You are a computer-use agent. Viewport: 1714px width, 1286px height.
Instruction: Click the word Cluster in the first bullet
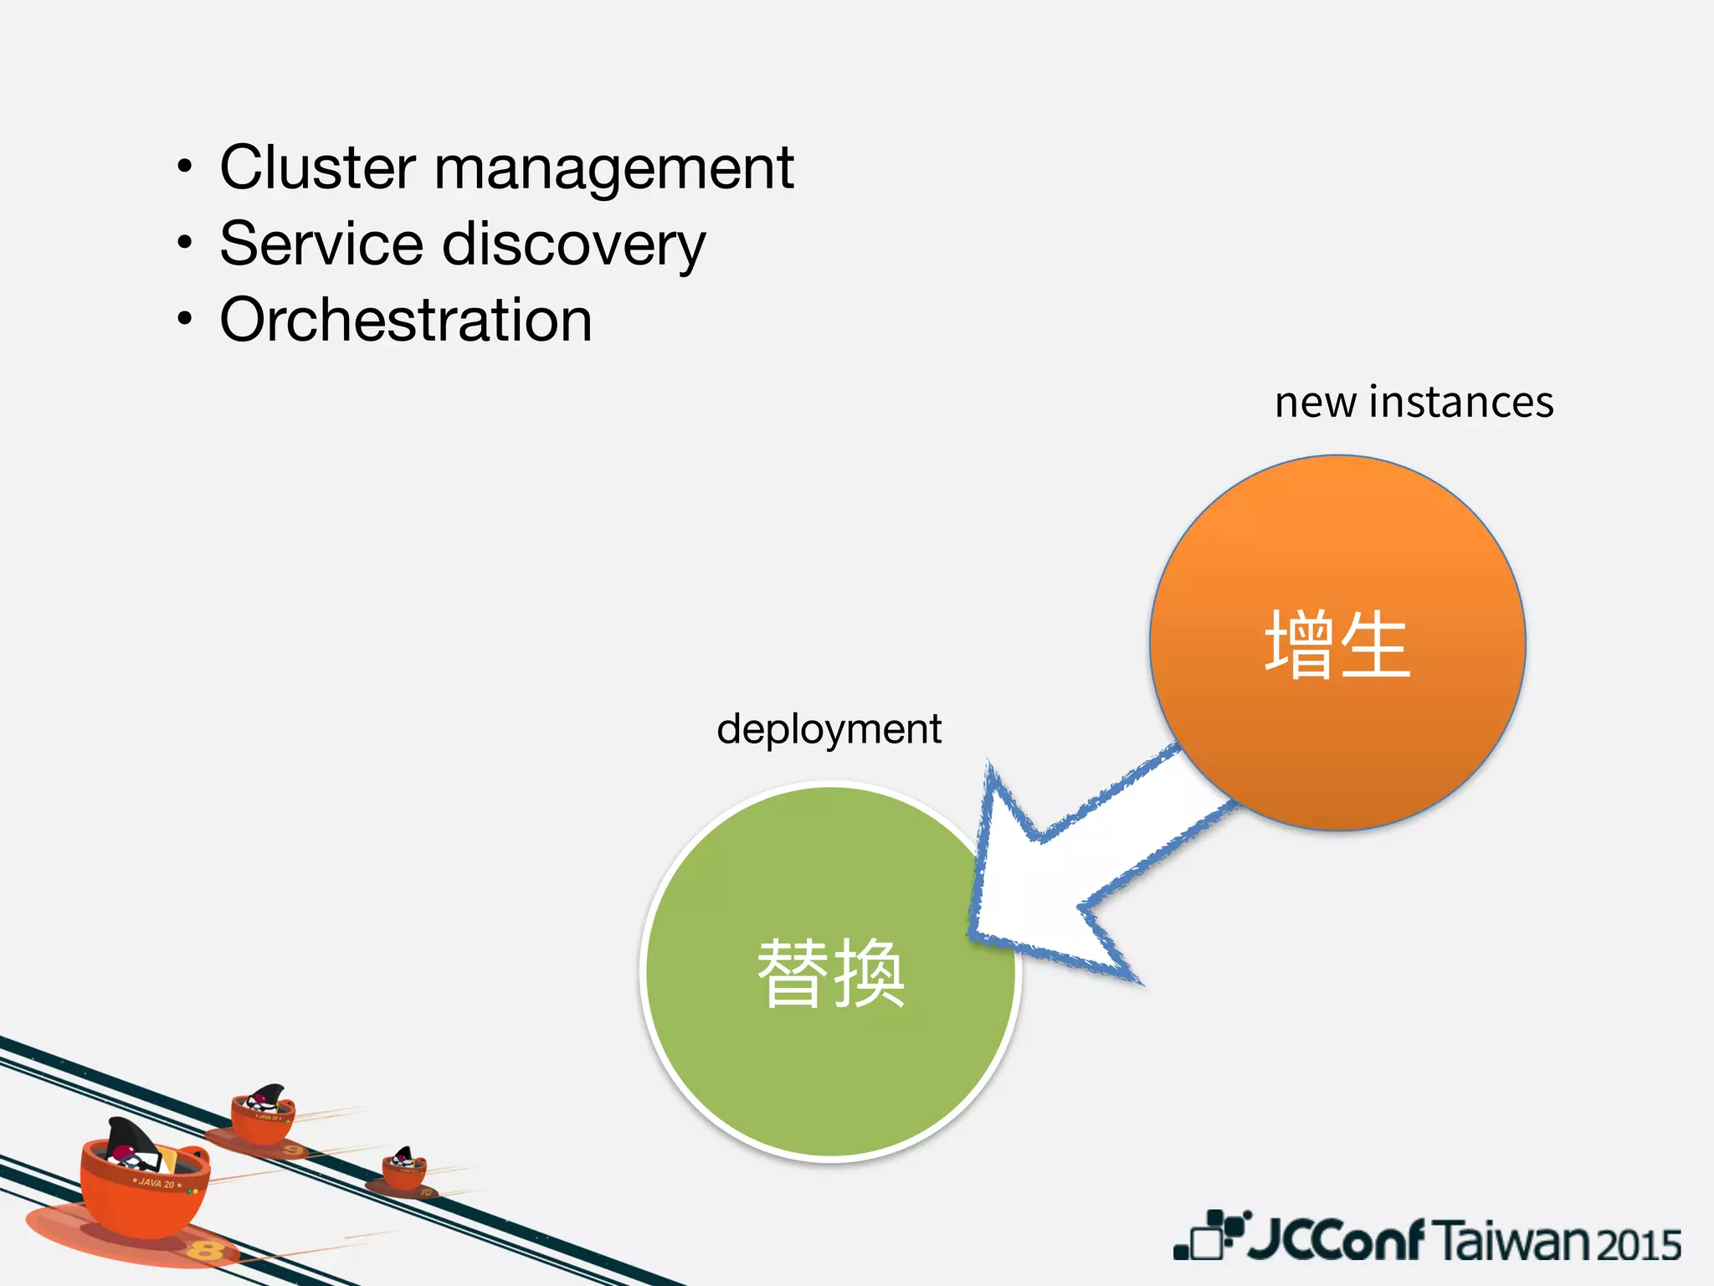(x=317, y=167)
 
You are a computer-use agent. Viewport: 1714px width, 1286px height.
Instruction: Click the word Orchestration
(x=406, y=320)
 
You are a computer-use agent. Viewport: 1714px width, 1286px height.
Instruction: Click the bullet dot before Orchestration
(x=185, y=319)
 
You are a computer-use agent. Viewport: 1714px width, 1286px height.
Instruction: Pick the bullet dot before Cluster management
(x=185, y=167)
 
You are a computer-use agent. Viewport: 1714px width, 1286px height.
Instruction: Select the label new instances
(x=1414, y=402)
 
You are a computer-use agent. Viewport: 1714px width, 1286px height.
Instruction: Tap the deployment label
(x=829, y=728)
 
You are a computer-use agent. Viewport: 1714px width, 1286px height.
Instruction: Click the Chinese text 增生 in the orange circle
(x=1337, y=644)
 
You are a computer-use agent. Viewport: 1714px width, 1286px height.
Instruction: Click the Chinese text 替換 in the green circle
(x=830, y=973)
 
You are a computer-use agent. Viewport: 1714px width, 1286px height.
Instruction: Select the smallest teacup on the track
(x=404, y=1170)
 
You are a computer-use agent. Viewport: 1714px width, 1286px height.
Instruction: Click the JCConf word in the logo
(x=1336, y=1240)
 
